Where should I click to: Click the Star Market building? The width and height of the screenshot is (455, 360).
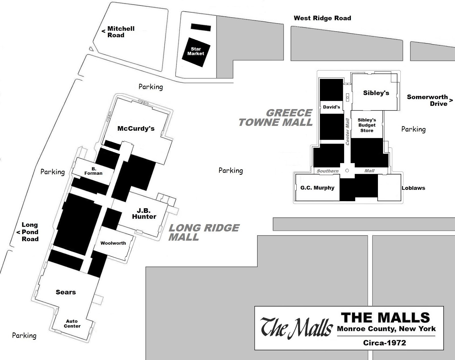click(x=196, y=51)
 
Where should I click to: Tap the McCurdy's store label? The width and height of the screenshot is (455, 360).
click(x=136, y=128)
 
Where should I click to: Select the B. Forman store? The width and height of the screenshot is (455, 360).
click(x=93, y=171)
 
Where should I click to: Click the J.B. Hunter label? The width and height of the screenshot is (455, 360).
click(x=144, y=213)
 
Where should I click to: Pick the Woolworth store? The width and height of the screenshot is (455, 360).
click(x=113, y=243)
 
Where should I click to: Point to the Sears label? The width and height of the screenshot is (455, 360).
click(x=66, y=292)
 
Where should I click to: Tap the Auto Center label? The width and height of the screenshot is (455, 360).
click(x=72, y=324)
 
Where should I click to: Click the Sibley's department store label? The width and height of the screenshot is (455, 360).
click(x=376, y=93)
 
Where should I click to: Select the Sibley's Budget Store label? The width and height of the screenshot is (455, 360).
click(x=367, y=125)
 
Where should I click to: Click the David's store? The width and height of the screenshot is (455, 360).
click(x=332, y=107)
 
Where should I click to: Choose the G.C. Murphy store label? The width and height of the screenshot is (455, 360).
click(x=317, y=188)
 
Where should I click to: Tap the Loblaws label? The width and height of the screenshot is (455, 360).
click(x=413, y=188)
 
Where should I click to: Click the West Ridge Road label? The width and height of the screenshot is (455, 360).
click(x=322, y=18)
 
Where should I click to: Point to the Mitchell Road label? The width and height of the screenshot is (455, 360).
click(x=121, y=32)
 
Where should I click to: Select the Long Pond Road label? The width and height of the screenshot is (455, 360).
click(x=30, y=232)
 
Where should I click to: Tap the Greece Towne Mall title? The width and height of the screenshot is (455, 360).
click(x=276, y=118)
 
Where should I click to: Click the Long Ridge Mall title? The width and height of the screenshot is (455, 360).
click(x=204, y=232)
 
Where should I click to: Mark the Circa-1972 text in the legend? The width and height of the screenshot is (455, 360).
click(x=384, y=343)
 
